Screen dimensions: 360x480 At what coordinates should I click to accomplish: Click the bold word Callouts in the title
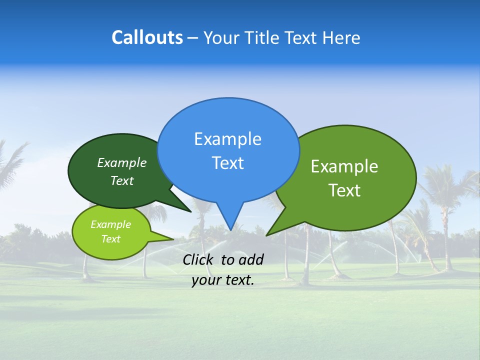coord(147,37)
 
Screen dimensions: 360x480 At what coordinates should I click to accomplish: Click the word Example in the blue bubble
coord(227,139)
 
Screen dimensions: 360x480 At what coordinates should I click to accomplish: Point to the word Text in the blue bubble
coord(227,163)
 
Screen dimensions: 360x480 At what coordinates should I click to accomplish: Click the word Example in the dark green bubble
coord(122,162)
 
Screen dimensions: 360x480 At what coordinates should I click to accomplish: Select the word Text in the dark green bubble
coord(122,180)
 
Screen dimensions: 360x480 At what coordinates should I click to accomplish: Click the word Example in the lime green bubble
coord(110,224)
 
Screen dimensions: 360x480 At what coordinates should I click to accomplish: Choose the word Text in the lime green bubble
coord(110,239)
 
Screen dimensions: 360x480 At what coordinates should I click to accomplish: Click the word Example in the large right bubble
coord(344,166)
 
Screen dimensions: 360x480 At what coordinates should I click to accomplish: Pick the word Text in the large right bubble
coord(344,190)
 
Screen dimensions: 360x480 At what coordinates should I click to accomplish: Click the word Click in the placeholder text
coord(198,259)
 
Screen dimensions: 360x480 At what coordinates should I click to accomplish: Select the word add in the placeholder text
coord(251,259)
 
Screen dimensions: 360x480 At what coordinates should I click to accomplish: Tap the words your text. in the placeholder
coord(223,280)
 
